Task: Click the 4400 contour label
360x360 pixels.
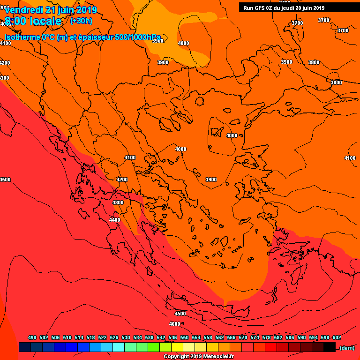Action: tap(114, 220)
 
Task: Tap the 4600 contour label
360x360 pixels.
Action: tap(174, 324)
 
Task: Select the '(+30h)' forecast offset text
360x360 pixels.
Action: tap(81, 21)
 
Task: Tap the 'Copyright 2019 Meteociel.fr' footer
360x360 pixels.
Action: tap(198, 356)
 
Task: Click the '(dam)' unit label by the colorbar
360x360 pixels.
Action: tap(346, 347)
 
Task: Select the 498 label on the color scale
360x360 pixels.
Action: tap(32, 337)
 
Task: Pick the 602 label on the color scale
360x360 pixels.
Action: tap(337, 337)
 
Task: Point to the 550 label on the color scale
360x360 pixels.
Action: tap(184, 337)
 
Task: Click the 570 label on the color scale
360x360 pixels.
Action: tap(243, 337)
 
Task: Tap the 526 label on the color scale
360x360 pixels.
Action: tap(114, 337)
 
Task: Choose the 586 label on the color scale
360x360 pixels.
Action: tap(290, 337)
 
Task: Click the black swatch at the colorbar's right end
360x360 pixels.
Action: tap(330, 347)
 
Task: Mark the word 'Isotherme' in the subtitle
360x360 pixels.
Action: tap(22, 37)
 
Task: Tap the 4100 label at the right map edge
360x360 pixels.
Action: tap(350, 158)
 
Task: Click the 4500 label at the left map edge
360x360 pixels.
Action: tap(5, 180)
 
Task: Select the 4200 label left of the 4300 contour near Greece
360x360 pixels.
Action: tap(122, 180)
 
